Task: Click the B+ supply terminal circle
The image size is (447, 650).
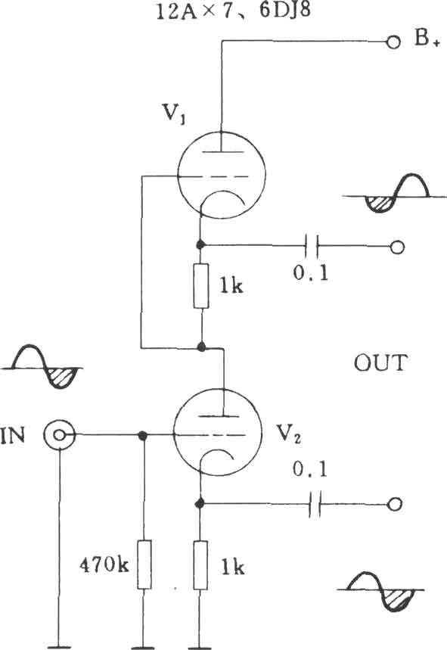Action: point(393,42)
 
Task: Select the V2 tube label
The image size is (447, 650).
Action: point(289,434)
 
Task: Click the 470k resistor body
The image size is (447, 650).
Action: point(144,564)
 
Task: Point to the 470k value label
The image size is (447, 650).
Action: point(104,564)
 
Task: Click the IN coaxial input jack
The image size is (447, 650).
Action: point(60,435)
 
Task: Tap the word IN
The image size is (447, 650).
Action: point(13,435)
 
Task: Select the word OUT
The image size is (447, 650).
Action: point(380,363)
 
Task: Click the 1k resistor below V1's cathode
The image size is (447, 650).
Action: point(201,286)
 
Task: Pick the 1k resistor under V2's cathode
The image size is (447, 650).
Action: point(200,565)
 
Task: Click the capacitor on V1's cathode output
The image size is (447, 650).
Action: point(311,246)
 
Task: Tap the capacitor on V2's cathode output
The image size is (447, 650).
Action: point(315,504)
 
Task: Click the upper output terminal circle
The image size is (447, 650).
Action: point(397,247)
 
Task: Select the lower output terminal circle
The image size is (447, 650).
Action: point(394,504)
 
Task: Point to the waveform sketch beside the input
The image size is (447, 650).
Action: point(43,366)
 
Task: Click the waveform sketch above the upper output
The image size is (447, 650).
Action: point(387,193)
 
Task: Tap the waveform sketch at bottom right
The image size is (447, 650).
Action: point(380,591)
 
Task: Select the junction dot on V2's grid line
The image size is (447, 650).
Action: point(143,435)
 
